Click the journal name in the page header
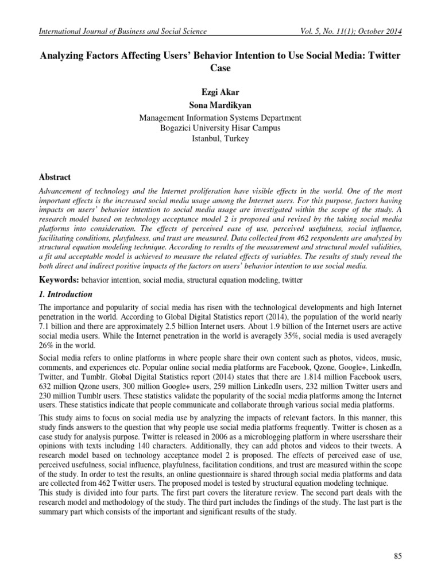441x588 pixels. click(121, 32)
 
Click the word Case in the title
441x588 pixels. click(220, 68)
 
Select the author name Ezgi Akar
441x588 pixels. click(220, 92)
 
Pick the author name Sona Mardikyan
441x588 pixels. click(220, 105)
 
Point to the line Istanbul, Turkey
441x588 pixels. click(220, 139)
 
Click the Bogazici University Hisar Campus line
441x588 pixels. click(220, 129)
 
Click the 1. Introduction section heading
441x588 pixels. click(65, 295)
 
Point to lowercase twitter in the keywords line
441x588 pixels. click(290, 280)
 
